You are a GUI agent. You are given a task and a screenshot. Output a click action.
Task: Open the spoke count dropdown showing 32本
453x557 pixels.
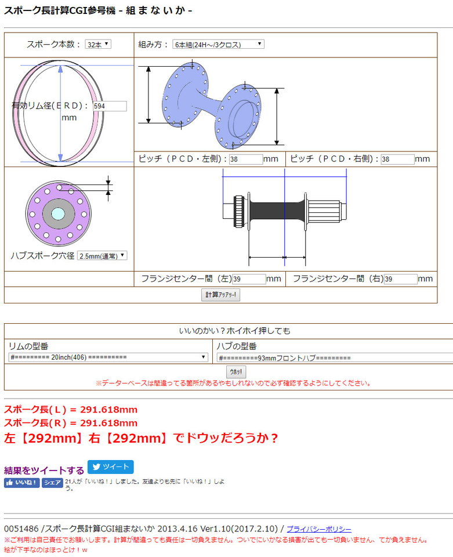tap(98, 45)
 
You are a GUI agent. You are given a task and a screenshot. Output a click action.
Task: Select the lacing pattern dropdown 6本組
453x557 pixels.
tap(218, 45)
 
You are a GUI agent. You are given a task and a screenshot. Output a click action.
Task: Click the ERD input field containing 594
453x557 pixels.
tap(110, 106)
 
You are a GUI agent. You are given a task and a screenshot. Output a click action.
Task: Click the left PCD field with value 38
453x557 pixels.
tap(246, 159)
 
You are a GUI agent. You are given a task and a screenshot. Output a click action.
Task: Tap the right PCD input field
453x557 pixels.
tap(398, 159)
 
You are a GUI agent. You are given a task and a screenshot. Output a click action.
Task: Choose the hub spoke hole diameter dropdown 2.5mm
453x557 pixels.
tap(102, 256)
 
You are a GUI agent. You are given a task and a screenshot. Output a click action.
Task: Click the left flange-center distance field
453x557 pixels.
tap(249, 279)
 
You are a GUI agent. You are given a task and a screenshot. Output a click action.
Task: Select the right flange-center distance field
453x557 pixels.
tap(400, 279)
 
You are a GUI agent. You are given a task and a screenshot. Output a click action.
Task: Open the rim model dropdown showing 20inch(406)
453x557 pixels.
tap(108, 357)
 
